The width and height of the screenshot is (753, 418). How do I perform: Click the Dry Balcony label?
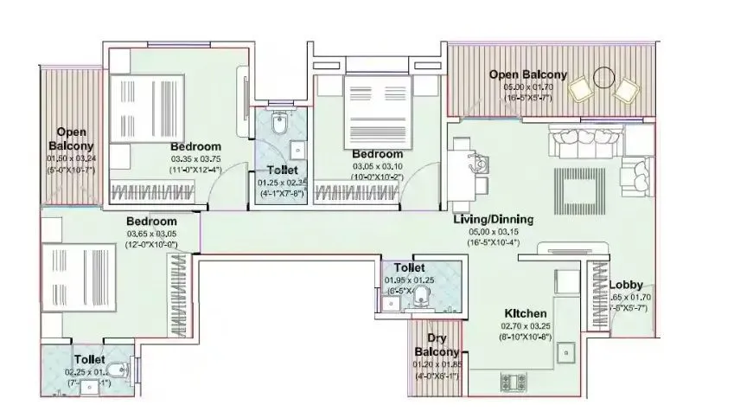436,345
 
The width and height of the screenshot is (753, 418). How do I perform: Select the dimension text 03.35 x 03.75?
195,158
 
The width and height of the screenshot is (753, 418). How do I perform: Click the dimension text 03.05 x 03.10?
377,165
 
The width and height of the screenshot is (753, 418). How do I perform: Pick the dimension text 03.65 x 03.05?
151,234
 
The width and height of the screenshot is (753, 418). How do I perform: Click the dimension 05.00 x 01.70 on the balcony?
527,87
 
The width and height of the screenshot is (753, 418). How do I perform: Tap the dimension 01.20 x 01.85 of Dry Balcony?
436,366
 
